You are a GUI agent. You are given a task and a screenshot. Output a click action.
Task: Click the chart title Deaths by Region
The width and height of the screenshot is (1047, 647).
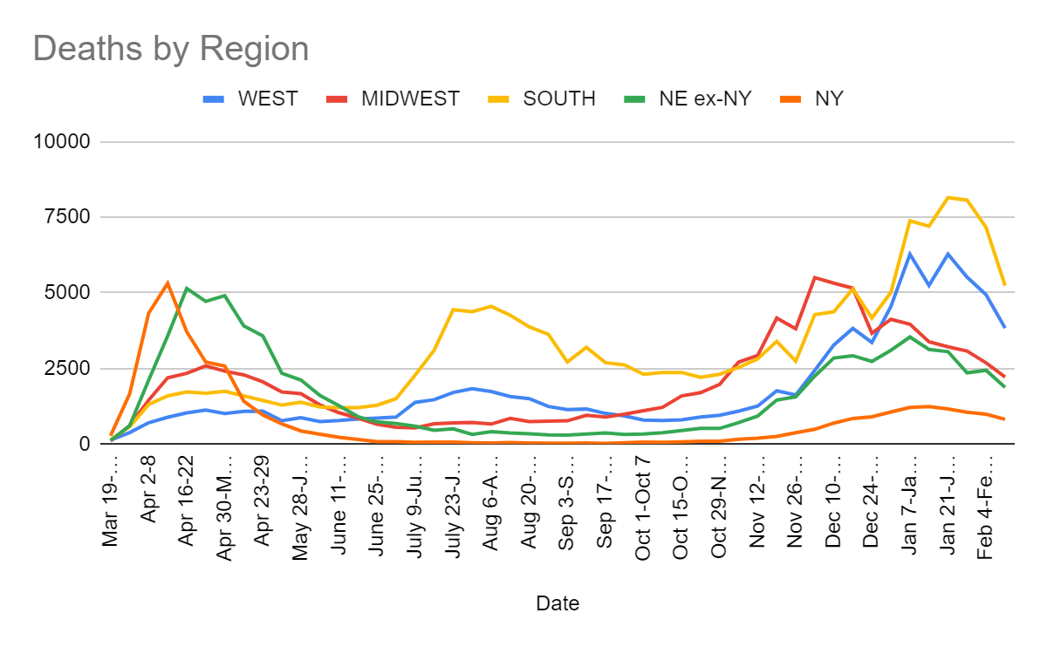[171, 48]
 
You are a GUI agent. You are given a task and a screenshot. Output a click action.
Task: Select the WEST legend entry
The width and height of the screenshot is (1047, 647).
[268, 99]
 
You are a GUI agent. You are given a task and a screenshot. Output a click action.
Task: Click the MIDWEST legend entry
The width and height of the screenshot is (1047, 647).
[410, 99]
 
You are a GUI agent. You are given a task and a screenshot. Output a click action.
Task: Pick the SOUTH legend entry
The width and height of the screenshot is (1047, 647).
[558, 99]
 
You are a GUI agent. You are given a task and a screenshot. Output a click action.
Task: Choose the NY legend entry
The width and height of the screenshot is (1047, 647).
[829, 99]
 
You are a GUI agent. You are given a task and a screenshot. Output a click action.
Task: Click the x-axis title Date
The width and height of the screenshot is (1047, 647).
[558, 603]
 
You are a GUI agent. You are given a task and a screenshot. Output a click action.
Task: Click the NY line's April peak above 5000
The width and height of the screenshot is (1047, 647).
[168, 283]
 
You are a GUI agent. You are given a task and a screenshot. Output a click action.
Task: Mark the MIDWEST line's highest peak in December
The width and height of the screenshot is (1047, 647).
[814, 277]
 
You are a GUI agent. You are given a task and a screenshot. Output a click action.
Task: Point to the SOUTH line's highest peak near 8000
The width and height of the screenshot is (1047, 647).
[948, 197]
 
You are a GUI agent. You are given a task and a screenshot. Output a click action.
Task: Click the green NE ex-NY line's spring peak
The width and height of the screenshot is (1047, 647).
[187, 288]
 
